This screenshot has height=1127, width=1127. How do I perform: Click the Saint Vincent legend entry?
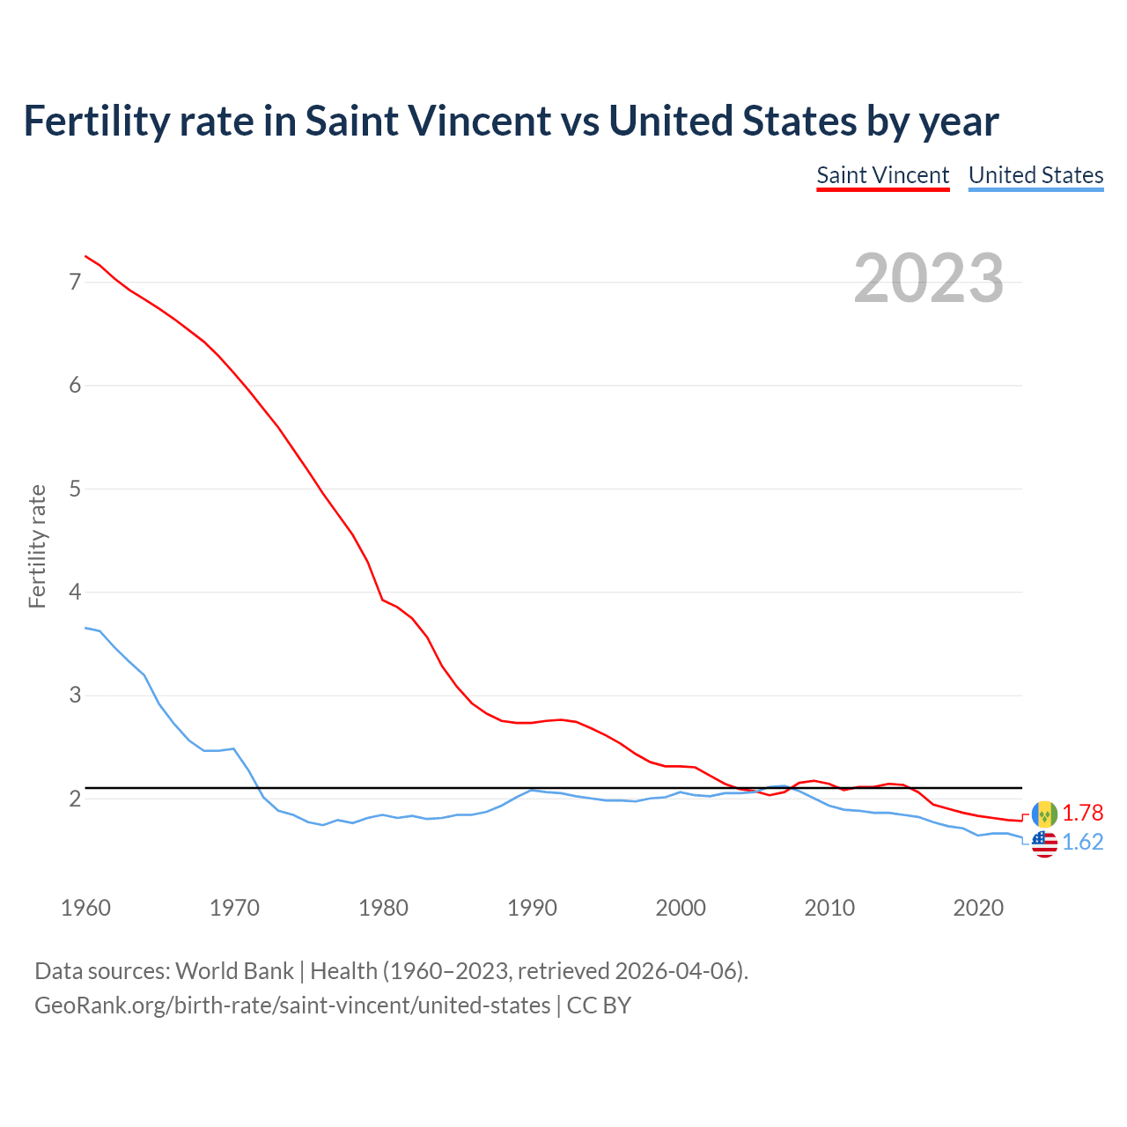[882, 175]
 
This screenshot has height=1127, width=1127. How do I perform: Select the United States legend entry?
[1035, 175]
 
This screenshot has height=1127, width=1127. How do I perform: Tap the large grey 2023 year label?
[928, 278]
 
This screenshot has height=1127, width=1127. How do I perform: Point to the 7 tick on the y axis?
[75, 283]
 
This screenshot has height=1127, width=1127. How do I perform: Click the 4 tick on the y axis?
[75, 593]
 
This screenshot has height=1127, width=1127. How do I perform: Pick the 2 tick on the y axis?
[75, 799]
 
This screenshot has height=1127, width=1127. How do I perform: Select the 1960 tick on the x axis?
[85, 908]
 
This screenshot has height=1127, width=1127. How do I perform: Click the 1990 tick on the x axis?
[532, 908]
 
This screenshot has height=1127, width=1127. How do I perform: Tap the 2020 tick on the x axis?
[978, 908]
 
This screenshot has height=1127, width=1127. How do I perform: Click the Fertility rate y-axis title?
[37, 546]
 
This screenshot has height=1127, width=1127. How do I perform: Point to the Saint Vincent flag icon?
[1044, 814]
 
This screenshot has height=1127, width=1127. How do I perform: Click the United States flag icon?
[1044, 843]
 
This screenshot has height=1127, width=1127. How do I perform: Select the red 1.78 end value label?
[1082, 813]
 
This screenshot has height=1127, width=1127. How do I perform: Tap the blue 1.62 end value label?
[1082, 843]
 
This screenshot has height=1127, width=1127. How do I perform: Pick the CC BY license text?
[599, 1005]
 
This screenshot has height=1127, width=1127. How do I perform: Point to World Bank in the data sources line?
[234, 971]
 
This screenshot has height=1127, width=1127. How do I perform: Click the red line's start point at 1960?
[85, 256]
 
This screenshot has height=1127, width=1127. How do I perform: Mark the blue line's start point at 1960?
[85, 628]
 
